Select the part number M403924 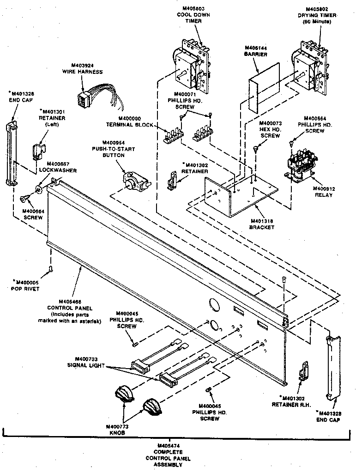tap(83, 65)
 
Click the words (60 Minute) tap(317, 22)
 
